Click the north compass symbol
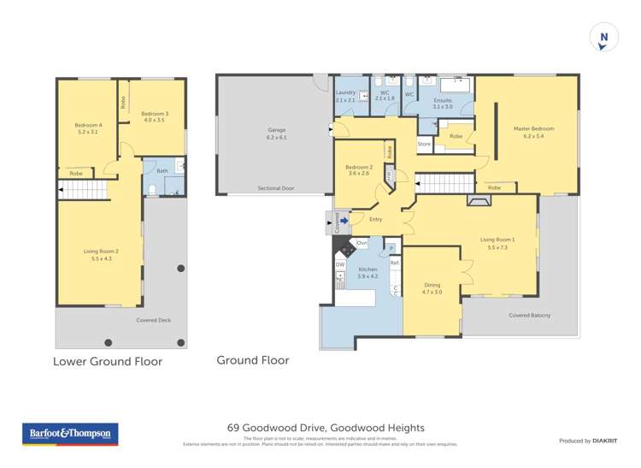click(603, 38)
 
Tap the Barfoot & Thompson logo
click(70, 434)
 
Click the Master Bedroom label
click(533, 132)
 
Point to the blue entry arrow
click(344, 220)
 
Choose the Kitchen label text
click(368, 272)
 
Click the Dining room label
click(433, 288)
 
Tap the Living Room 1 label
click(497, 243)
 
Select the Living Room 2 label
click(99, 253)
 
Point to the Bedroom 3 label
click(155, 117)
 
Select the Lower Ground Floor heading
click(108, 361)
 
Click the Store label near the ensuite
click(425, 145)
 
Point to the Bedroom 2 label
click(359, 169)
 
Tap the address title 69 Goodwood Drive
click(325, 428)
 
